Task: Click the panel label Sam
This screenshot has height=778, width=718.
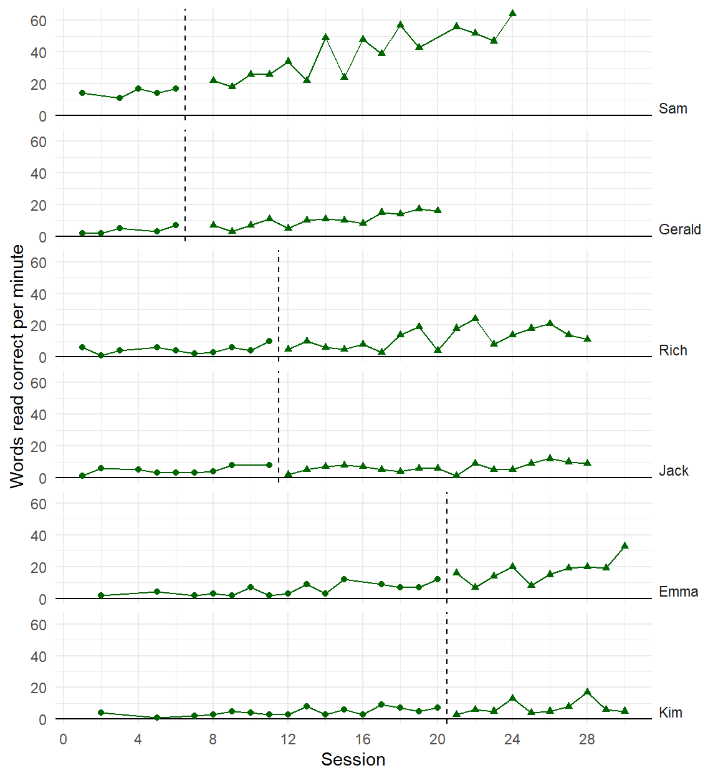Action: (x=673, y=108)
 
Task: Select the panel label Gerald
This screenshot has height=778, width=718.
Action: (x=679, y=229)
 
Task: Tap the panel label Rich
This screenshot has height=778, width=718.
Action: (x=673, y=350)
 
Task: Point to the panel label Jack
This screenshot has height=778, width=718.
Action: (x=673, y=471)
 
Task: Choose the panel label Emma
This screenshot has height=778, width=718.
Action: (x=678, y=592)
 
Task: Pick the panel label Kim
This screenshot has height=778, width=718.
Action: (x=670, y=713)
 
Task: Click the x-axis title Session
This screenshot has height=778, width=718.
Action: (x=353, y=759)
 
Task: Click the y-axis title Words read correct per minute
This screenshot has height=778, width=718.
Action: (x=17, y=366)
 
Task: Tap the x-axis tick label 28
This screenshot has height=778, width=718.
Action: (x=587, y=739)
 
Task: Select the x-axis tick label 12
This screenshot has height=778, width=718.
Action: (x=288, y=739)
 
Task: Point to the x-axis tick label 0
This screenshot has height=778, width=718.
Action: (x=63, y=739)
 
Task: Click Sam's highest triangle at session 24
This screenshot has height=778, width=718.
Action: (x=512, y=13)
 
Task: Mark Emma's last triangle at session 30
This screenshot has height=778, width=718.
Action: (x=625, y=545)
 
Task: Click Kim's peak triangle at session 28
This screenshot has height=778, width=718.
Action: (x=587, y=691)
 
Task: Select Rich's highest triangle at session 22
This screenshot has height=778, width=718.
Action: (x=475, y=318)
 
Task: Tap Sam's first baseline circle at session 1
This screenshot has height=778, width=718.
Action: (x=82, y=93)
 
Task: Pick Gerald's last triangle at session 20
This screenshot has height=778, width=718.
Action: (x=438, y=210)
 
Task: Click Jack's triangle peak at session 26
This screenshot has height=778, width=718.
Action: (x=550, y=458)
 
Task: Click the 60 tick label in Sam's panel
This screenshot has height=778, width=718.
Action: (x=39, y=21)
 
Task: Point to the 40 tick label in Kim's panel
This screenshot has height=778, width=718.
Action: (x=39, y=656)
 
